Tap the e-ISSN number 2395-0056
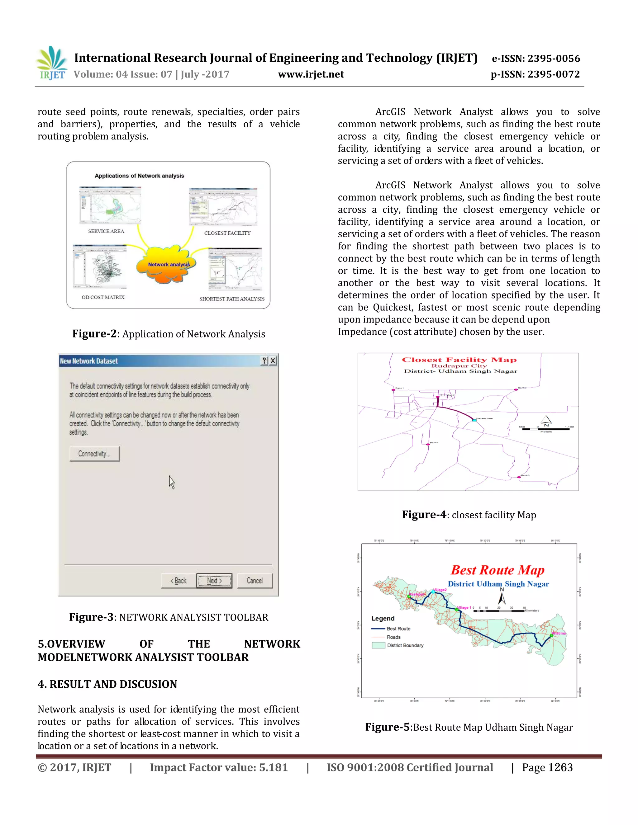pyautogui.click(x=553, y=59)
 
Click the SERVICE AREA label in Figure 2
pyautogui.click(x=106, y=231)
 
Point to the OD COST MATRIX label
pyautogui.click(x=103, y=297)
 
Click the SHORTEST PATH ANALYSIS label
pyautogui.click(x=232, y=299)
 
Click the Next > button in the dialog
pyautogui.click(x=214, y=581)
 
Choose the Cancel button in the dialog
pyautogui.click(x=255, y=581)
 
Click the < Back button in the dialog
pyautogui.click(x=179, y=581)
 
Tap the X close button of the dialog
pyautogui.click(x=273, y=361)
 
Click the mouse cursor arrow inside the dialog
pyautogui.click(x=172, y=482)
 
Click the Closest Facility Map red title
pyautogui.click(x=459, y=360)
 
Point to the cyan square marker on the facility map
pyautogui.click(x=474, y=420)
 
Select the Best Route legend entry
pyautogui.click(x=398, y=629)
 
